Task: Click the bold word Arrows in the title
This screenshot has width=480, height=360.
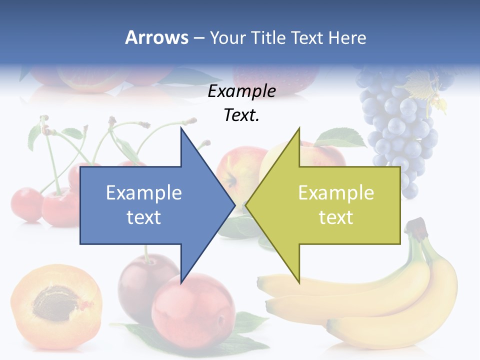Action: tap(156, 37)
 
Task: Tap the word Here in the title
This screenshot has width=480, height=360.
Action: tap(347, 37)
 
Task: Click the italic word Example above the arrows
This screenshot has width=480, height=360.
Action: tap(241, 91)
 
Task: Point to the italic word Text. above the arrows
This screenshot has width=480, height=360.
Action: tap(241, 115)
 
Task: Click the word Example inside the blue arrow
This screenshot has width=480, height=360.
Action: tap(144, 193)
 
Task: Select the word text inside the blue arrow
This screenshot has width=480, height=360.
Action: tap(144, 217)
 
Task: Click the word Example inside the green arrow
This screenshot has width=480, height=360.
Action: tap(336, 193)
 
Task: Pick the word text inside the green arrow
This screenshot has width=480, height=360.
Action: tap(336, 217)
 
